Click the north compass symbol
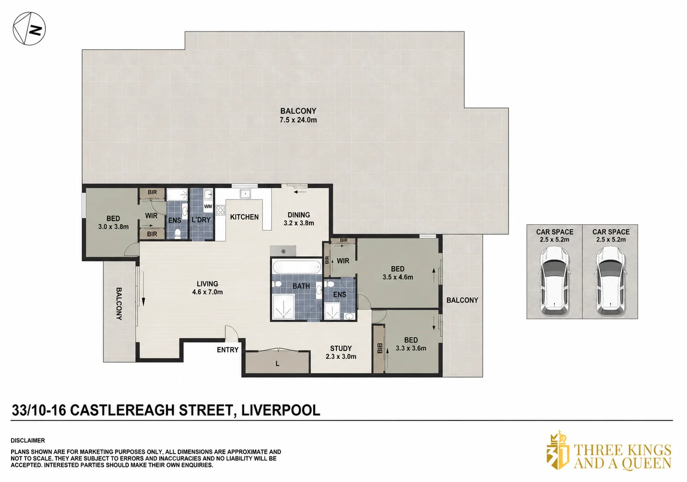tap(29, 29)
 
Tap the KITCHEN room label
tap(245, 217)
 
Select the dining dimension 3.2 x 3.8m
tap(299, 223)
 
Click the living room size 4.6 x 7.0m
tap(207, 292)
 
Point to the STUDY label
tap(341, 349)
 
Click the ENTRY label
tap(228, 349)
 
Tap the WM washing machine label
tap(208, 206)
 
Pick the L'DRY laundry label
tap(201, 220)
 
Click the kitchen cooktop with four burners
tap(221, 210)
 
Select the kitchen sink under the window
tap(246, 194)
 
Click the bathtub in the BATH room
tap(296, 266)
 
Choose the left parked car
tap(554, 281)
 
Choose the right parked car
tap(610, 281)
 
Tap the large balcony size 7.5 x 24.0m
tap(298, 120)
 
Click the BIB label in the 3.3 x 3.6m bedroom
tap(380, 348)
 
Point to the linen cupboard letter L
tap(277, 364)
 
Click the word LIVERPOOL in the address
tap(281, 410)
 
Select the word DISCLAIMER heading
tap(28, 440)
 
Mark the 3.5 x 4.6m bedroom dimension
tap(398, 277)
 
